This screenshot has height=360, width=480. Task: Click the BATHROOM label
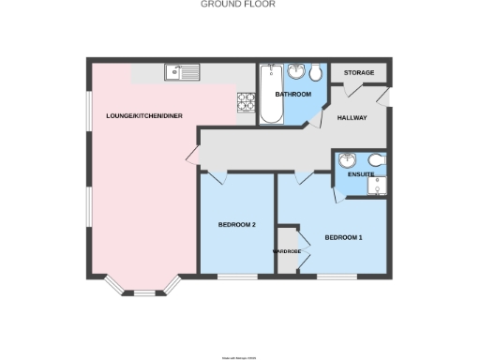coord(292,95)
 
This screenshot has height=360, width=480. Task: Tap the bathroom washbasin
coord(296,70)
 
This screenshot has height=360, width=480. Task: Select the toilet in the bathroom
coord(317,72)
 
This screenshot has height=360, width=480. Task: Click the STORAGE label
coord(359,72)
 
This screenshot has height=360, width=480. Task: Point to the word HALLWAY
coord(352,117)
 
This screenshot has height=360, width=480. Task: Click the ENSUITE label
coord(361,174)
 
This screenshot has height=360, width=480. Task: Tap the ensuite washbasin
coord(348,159)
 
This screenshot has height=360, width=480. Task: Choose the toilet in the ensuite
coord(375,159)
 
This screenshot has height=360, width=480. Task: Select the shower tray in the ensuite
coord(376,187)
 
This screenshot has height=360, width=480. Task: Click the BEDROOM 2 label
coord(237,224)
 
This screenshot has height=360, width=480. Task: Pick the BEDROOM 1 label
coord(343,237)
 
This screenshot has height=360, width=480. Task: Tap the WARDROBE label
coord(286,251)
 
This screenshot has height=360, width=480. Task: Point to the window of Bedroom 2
coord(237,277)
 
